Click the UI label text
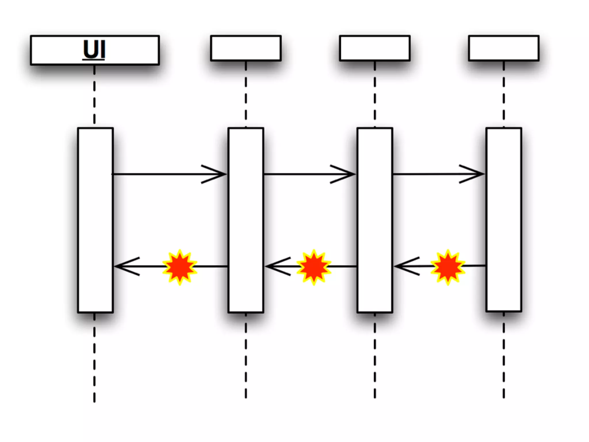94,50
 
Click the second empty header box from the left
246,48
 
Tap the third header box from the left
374,48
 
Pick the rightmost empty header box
504,48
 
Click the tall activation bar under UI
95,220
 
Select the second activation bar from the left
246,220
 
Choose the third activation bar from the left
375,220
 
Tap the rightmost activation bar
504,220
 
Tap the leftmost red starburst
180,267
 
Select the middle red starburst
314,267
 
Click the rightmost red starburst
448,267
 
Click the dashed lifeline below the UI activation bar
94,360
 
